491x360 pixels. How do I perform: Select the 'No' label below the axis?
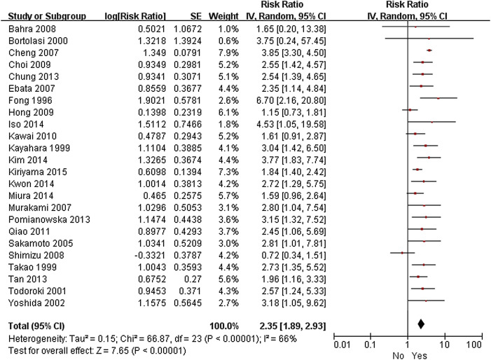click(x=398, y=354)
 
